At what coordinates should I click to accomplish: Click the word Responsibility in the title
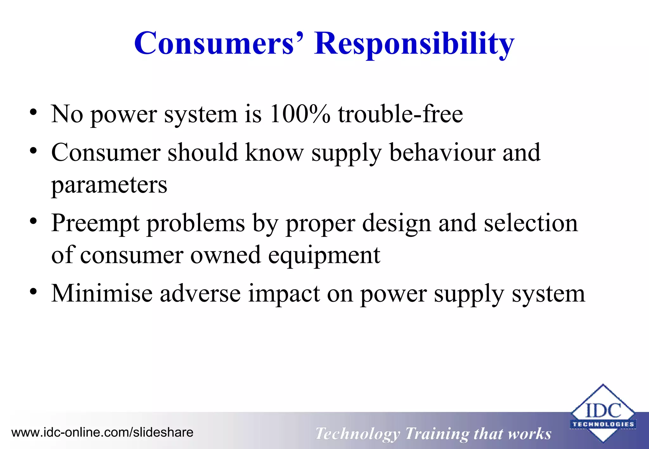[x=414, y=43]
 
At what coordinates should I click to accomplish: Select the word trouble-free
[x=400, y=114]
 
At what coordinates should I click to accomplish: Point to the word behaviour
[x=442, y=153]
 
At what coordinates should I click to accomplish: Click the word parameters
[x=109, y=185]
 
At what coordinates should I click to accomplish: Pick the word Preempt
[x=95, y=223]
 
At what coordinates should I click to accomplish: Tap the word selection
[x=531, y=223]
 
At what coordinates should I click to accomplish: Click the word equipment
[x=324, y=255]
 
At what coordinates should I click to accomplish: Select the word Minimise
[x=101, y=294]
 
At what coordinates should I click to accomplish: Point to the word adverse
[x=200, y=294]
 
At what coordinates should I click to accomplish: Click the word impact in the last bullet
[x=284, y=294]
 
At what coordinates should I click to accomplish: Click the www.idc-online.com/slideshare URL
[x=102, y=432]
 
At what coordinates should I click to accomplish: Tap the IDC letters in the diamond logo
[x=603, y=410]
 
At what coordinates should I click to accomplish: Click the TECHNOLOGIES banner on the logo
[x=603, y=424]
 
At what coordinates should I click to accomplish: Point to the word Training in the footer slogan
[x=436, y=434]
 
